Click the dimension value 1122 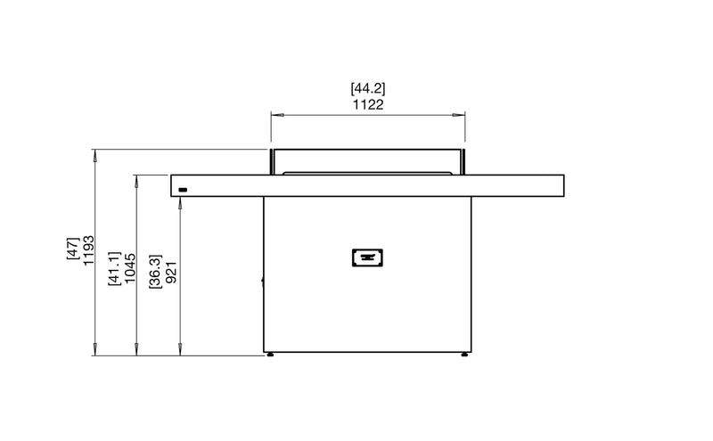(368, 105)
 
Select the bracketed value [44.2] (368, 88)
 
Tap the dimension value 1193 (88, 250)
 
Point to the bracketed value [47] (73, 249)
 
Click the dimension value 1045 (130, 268)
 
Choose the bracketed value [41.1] (115, 269)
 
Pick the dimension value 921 (171, 273)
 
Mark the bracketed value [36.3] (155, 272)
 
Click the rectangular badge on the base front (367, 257)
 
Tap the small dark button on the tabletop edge (183, 190)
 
